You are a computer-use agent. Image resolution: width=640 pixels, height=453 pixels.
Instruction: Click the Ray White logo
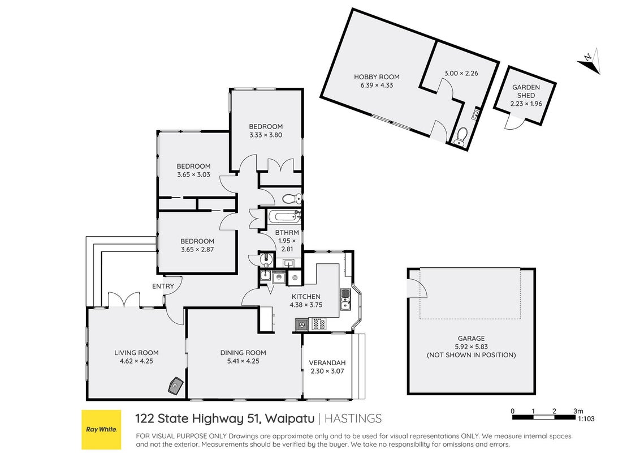click(x=101, y=429)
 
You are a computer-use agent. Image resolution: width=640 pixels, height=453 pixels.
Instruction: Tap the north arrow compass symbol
click(x=590, y=61)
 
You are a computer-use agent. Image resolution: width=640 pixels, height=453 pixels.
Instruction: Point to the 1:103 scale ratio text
click(x=586, y=418)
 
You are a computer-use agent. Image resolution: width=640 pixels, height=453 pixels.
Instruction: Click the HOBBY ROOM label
click(x=377, y=77)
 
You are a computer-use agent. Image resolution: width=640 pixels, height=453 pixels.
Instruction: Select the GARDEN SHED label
click(x=526, y=91)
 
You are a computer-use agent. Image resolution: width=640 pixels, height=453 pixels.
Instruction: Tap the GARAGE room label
click(x=471, y=339)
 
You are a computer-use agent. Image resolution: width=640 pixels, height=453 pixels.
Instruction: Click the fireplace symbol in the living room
click(x=176, y=386)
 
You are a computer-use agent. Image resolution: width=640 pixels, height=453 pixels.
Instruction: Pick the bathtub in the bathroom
click(x=284, y=216)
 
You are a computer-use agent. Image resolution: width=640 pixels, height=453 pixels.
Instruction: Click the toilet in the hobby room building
click(x=461, y=136)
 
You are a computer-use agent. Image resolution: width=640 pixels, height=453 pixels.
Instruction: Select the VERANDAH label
click(x=327, y=362)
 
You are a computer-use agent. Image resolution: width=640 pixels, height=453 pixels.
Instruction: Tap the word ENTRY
click(x=163, y=286)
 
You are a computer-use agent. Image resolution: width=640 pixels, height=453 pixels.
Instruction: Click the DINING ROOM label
click(x=243, y=353)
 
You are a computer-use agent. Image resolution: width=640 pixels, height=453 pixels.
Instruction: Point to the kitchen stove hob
click(x=319, y=324)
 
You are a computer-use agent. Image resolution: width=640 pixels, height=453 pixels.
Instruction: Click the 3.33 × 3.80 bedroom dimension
click(x=266, y=135)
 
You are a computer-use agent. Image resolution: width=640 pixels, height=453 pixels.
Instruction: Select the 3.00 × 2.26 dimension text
click(x=461, y=74)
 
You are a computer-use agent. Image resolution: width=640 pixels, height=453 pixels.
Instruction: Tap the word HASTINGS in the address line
click(x=353, y=418)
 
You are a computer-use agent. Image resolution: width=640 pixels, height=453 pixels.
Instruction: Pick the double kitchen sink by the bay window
click(x=345, y=300)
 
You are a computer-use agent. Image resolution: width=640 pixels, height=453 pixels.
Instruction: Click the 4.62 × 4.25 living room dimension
click(x=136, y=361)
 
